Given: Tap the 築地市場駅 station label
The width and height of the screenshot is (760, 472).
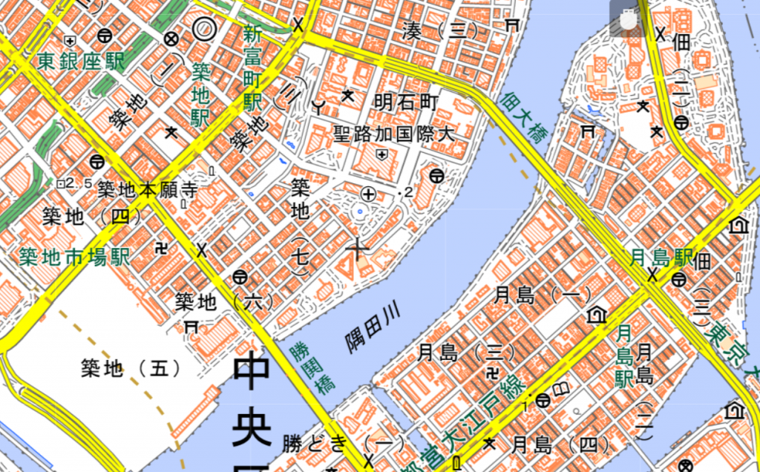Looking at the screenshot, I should click(x=74, y=258).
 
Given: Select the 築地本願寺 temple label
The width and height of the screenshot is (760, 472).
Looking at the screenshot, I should click(x=148, y=190).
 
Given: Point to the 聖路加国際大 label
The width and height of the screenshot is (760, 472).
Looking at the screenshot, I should click(x=393, y=134).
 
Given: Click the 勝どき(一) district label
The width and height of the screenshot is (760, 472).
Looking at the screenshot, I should click(x=343, y=445).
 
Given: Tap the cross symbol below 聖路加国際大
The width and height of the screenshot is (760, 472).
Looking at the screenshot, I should click(x=359, y=248).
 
